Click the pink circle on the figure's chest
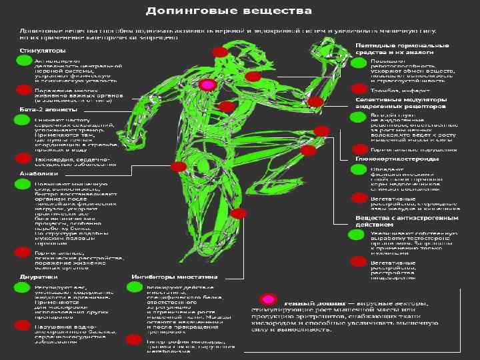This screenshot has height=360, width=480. tap(208, 85)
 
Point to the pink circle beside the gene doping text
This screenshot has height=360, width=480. tap(269, 299)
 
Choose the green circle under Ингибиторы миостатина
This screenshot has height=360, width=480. tap(135, 287)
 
